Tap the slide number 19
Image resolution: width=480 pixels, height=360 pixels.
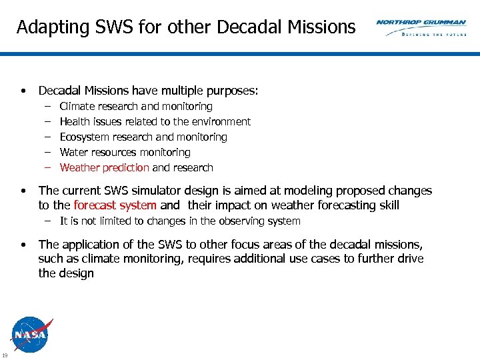click(5, 354)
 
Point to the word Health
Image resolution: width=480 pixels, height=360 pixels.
click(75, 122)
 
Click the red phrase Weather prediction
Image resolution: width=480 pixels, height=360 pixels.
click(104, 168)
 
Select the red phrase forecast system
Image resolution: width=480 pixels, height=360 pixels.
click(115, 206)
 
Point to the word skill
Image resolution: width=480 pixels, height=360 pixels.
click(388, 206)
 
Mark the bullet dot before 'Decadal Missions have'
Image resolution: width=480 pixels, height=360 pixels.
click(23, 91)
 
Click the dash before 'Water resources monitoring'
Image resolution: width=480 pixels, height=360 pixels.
click(48, 153)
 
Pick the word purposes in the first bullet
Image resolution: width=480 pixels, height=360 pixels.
click(231, 91)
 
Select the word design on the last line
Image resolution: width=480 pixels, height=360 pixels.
click(75, 273)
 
